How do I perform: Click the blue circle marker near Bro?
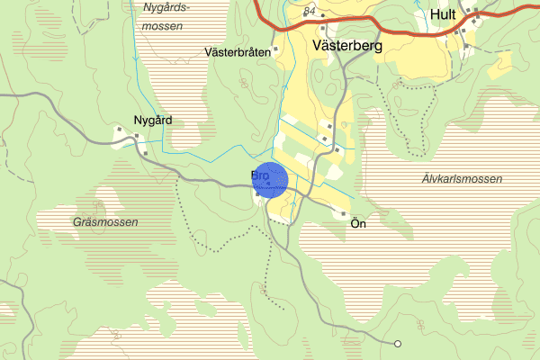click(270, 179)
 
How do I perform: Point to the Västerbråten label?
click(238, 51)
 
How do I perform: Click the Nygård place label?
click(152, 120)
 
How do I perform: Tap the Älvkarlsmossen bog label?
click(462, 179)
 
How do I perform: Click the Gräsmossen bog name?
click(106, 220)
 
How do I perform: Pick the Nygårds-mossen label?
click(163, 17)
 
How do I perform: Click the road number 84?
click(311, 11)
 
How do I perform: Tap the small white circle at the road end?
click(398, 343)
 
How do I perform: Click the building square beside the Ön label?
click(344, 213)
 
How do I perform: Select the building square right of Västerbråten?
click(275, 49)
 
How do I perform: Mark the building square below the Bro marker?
click(257, 194)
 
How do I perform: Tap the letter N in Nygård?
click(137, 120)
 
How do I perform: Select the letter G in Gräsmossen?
click(76, 220)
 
